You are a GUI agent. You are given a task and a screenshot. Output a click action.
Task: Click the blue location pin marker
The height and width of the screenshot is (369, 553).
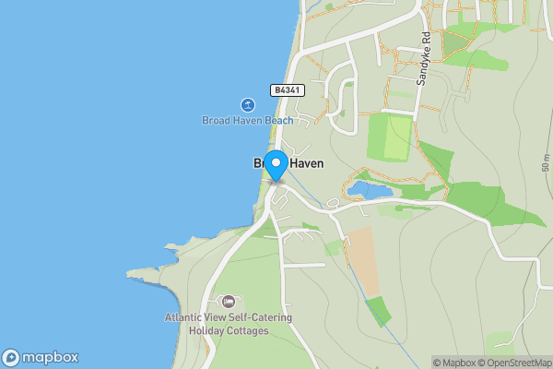click(276, 163)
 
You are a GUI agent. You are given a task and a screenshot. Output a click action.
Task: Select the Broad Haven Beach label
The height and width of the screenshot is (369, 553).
click(248, 121)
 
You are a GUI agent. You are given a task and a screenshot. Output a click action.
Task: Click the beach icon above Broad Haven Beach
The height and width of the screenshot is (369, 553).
click(248, 105)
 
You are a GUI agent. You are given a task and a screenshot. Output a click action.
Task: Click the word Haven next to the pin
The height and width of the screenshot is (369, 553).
click(305, 163)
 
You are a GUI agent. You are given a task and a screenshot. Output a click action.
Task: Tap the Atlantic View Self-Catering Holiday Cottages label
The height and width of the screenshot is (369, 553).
click(229, 324)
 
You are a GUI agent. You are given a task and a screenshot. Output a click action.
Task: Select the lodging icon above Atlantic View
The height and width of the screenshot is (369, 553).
click(229, 302)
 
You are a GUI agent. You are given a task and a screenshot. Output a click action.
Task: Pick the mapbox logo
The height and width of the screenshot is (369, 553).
click(41, 357)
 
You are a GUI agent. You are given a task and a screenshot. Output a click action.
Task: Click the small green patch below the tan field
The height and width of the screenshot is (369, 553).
click(377, 310)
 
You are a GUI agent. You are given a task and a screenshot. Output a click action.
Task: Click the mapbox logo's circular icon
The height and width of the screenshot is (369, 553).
click(12, 357)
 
